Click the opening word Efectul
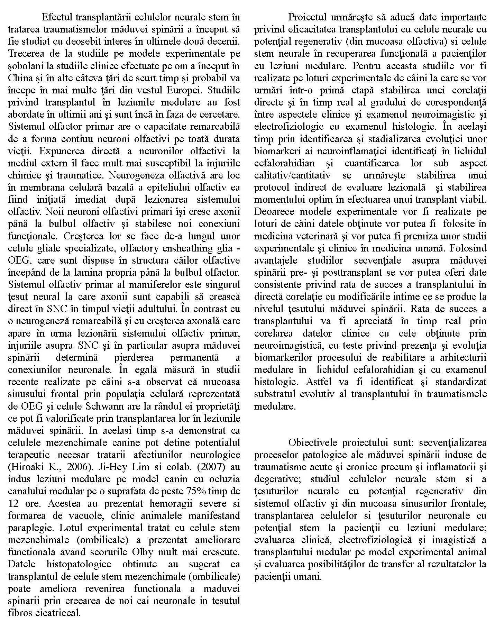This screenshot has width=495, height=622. (57, 17)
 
